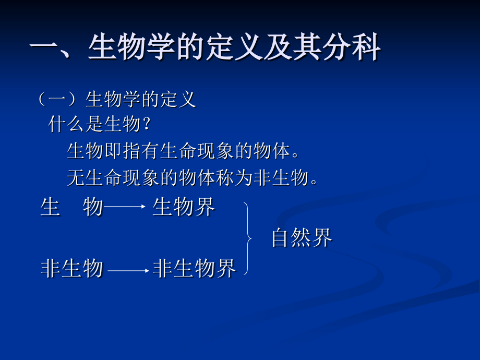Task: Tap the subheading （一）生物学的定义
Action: coord(117,99)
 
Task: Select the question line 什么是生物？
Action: coord(100,125)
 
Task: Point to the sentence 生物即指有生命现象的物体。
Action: coord(184,151)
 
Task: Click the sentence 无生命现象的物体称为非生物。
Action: coord(193,178)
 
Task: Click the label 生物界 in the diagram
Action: coord(184,208)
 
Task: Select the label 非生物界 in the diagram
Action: coord(195,269)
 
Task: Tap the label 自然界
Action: coord(302,238)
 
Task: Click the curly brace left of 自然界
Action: coord(247,238)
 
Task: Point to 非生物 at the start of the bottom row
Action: coord(72,269)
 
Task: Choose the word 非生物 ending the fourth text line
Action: coord(281,178)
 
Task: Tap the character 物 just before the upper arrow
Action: coord(93,208)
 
